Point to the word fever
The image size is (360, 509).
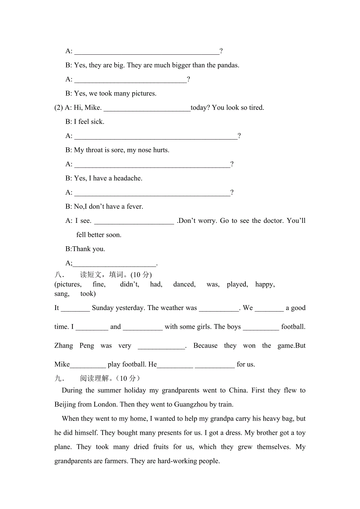click(134, 206)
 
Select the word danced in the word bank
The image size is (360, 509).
click(184, 284)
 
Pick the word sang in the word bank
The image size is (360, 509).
click(61, 294)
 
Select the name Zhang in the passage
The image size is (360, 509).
click(63, 346)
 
